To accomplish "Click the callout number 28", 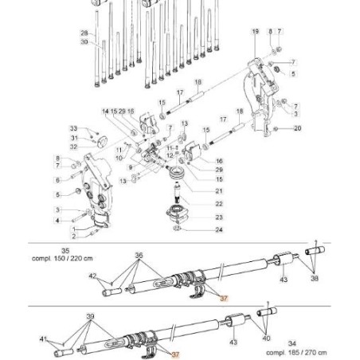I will click(x=84, y=33).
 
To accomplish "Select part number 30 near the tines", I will click(x=84, y=41).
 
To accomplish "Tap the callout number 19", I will click(x=255, y=31).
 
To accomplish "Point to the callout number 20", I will click(x=297, y=128).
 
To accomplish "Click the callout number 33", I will click(x=73, y=128).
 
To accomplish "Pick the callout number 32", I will click(x=73, y=147).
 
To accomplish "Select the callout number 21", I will click(x=219, y=191).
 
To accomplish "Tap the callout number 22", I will click(x=219, y=204).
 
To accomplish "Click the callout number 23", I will click(x=219, y=217).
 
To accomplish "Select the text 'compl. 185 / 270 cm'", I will click(x=296, y=351).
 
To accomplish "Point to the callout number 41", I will click(x=42, y=338).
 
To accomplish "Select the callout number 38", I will click(x=315, y=280).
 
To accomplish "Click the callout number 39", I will click(x=90, y=316).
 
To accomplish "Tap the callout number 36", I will click(x=139, y=256).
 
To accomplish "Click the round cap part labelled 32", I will click(x=101, y=143).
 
